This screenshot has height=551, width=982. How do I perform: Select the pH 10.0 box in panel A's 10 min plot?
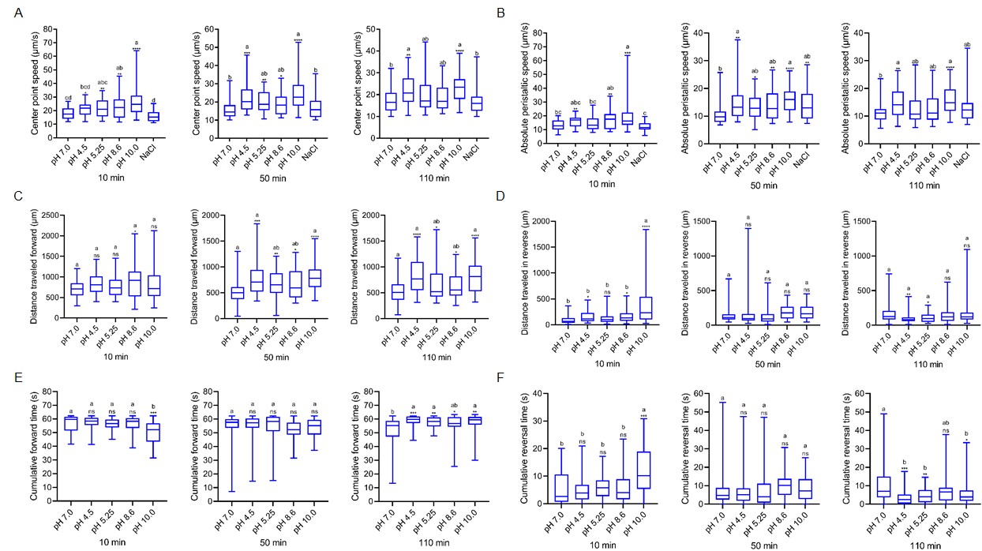137,103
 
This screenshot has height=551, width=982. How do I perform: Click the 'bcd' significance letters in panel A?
85,88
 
